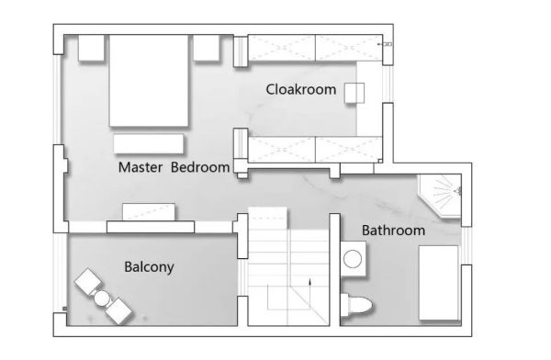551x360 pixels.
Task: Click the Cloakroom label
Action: coord(301,89)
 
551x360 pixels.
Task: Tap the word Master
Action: coord(141,167)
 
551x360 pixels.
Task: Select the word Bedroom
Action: coord(200,167)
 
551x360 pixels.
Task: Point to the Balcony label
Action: coord(149,267)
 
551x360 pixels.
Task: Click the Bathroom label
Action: coord(393,231)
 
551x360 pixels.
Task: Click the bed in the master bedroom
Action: coord(149,81)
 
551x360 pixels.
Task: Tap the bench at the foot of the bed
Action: coord(148,144)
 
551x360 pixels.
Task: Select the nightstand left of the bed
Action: coord(91,48)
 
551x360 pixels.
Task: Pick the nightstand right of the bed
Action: coord(207,48)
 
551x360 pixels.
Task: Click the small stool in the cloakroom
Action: coord(354,93)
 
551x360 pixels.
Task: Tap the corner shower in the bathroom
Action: coord(440,196)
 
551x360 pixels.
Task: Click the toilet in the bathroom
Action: coord(356,305)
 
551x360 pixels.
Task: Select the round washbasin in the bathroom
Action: coord(353,259)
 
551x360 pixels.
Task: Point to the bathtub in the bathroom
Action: coord(439,283)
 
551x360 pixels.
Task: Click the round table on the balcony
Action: coord(102,298)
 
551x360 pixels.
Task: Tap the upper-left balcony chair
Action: coord(88,282)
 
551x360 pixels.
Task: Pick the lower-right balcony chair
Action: coord(118,311)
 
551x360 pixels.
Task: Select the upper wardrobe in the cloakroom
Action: coord(315,48)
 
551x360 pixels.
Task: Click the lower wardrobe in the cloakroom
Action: coord(315,150)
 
